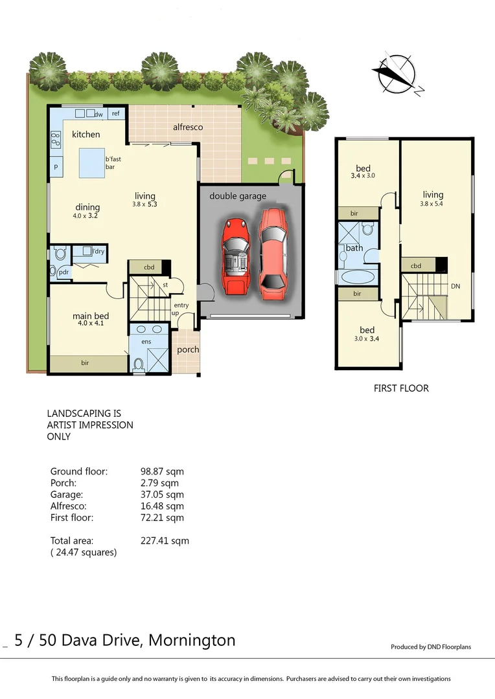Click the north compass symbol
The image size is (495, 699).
tap(396, 73)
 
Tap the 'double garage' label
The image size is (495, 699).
tap(237, 196)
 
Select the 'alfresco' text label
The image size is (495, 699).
tap(188, 127)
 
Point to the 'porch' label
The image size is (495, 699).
tap(188, 349)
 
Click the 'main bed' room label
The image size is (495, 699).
tap(90, 316)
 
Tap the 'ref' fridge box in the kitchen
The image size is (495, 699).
tap(116, 113)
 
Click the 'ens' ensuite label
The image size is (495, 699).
tap(146, 341)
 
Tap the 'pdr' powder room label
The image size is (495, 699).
tap(63, 272)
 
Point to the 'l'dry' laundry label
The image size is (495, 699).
tap(98, 250)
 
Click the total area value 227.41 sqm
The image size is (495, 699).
tap(165, 540)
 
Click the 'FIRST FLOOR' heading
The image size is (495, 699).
tap(401, 388)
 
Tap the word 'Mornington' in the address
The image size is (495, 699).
tap(192, 641)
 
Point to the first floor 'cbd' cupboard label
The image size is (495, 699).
tap(416, 265)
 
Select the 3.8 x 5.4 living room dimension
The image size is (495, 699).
tap(433, 204)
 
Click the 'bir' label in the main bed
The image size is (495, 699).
tap(85, 363)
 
